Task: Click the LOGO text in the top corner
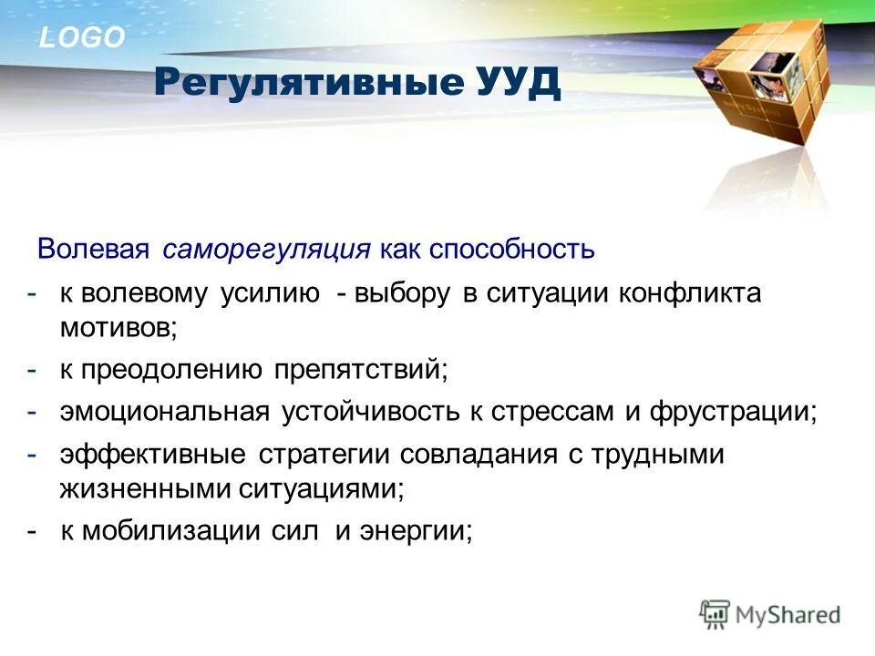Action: click(x=82, y=38)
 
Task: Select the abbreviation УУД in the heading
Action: click(x=518, y=83)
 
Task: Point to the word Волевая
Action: click(x=96, y=249)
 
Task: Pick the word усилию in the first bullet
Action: click(x=268, y=294)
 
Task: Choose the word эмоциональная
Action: click(x=165, y=411)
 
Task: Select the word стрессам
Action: click(x=553, y=411)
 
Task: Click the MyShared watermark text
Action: click(x=787, y=614)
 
